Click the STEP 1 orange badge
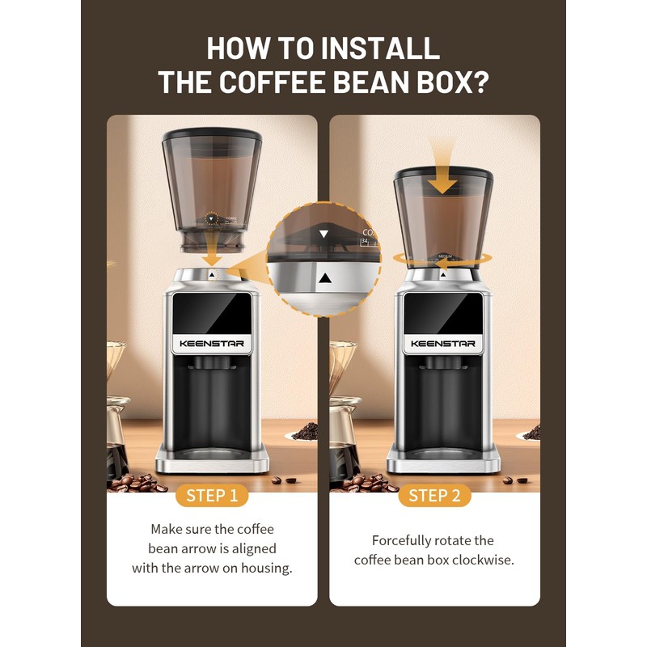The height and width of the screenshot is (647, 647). [212, 496]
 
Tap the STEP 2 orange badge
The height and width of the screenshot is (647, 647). [434, 496]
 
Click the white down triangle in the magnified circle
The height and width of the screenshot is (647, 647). [324, 234]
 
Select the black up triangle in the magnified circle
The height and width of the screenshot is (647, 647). [324, 277]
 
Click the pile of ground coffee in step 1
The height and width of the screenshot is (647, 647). [305, 433]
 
